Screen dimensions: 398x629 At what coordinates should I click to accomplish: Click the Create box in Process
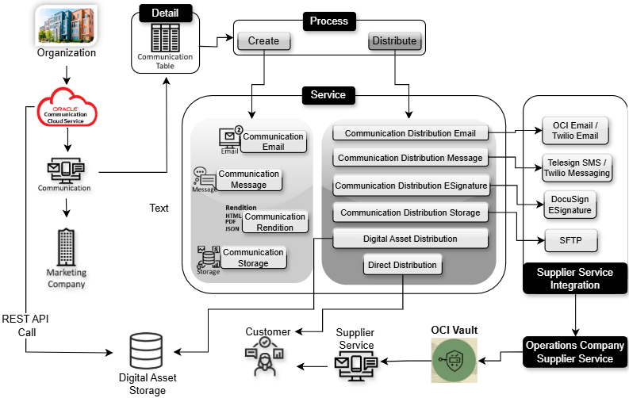(x=263, y=41)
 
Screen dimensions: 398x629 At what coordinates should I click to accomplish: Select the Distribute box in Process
(x=393, y=41)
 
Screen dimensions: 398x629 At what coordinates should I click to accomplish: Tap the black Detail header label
(x=166, y=13)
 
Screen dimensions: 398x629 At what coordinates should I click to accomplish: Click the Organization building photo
(x=66, y=24)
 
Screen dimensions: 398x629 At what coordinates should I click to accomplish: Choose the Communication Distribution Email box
(x=410, y=134)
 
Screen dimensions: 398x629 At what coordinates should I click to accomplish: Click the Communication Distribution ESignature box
(x=410, y=187)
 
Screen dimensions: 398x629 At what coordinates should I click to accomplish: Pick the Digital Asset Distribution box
(x=410, y=239)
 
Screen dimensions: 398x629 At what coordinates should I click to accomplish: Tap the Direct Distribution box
(x=401, y=265)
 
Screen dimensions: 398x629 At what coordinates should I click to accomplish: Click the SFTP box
(x=570, y=239)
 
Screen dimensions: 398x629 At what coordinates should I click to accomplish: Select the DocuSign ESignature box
(x=570, y=205)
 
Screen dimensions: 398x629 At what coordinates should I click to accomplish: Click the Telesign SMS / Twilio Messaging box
(x=577, y=167)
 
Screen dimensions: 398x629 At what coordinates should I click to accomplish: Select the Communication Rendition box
(x=274, y=222)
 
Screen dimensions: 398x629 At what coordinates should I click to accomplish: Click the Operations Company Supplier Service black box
(x=574, y=352)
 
